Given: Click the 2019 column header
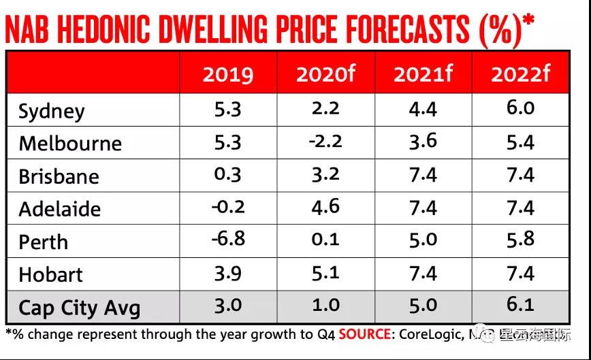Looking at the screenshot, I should tap(227, 74).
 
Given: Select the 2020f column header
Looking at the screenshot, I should tap(325, 74).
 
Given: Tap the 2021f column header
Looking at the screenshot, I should tap(423, 74).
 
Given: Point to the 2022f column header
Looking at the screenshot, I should tap(520, 74).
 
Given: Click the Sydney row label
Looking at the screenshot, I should tap(52, 112).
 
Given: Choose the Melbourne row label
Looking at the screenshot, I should tap(70, 144).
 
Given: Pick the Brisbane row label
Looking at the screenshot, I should tap(59, 176).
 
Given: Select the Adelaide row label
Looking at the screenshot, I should tap(60, 209).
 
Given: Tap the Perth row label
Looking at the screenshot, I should tap(44, 242).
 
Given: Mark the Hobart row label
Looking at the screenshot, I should tap(51, 274).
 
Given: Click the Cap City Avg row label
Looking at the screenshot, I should tap(80, 307).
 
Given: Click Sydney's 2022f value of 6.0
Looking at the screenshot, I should tap(520, 108).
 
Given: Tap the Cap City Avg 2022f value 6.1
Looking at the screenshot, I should tap(520, 304).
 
